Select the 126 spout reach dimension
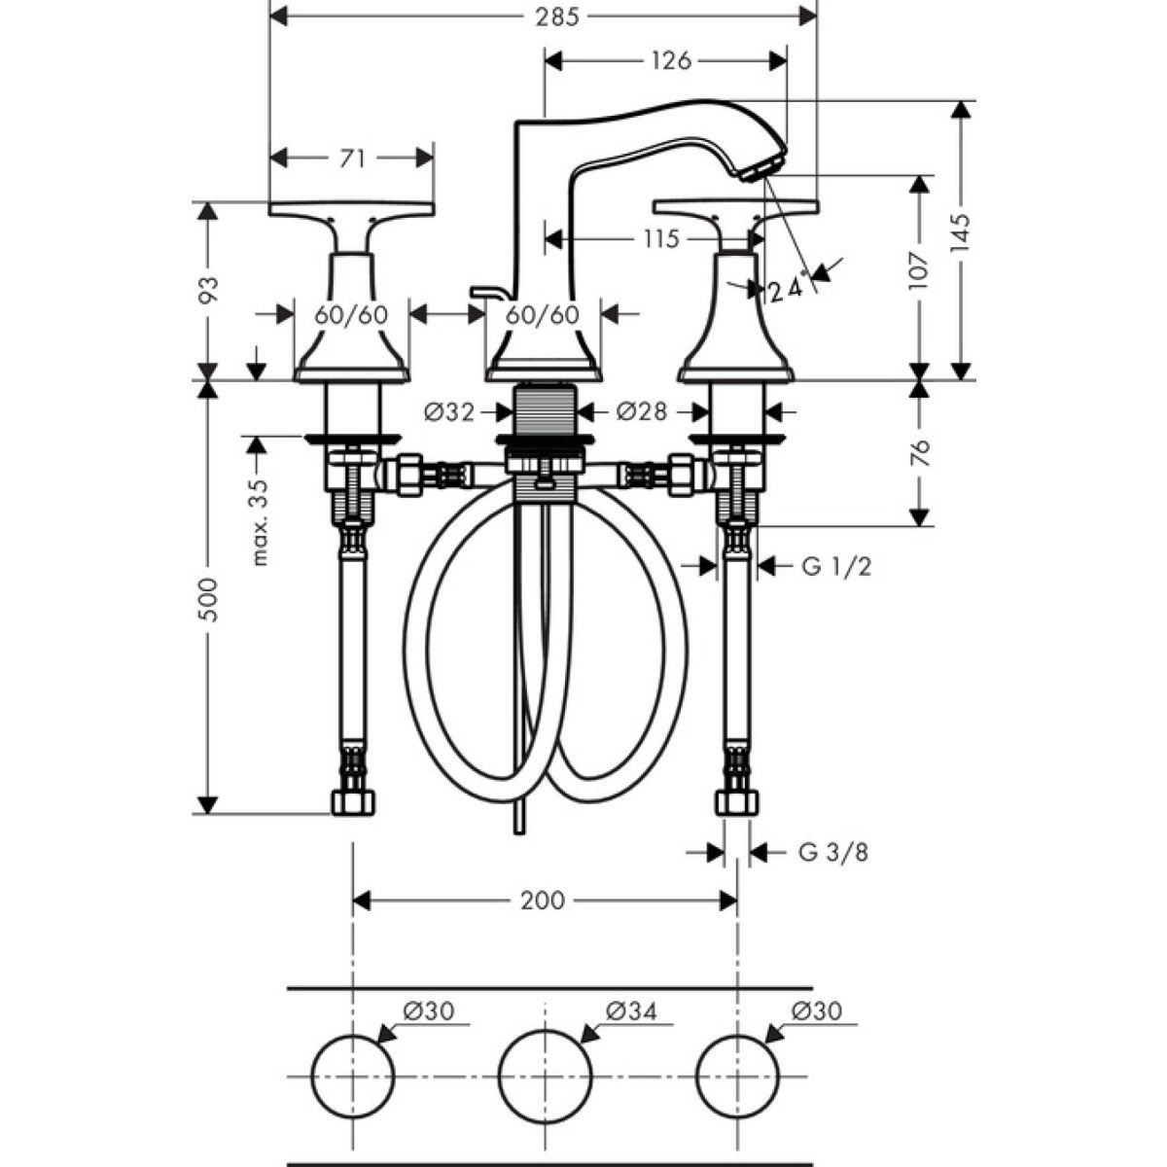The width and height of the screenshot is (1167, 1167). tap(671, 60)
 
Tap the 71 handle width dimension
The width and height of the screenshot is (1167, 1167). tap(353, 158)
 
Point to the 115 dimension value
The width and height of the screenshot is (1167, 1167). tap(660, 238)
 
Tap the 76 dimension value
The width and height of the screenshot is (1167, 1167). tap(920, 452)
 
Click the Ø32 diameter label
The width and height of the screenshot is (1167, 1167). tap(449, 412)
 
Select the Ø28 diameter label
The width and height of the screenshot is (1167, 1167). tap(642, 412)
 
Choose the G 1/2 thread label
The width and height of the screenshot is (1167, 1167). tap(836, 565)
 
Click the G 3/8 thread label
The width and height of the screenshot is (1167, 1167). tap(833, 853)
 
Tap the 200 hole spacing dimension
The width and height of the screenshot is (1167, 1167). tap(542, 901)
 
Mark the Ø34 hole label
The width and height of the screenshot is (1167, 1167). tap(631, 1011)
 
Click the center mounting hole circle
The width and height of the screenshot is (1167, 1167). tap(545, 1075)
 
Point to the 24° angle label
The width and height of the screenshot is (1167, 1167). tap(784, 289)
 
